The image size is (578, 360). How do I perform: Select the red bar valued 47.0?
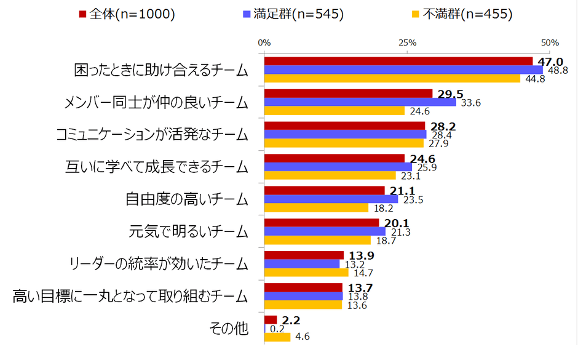[x=398, y=62]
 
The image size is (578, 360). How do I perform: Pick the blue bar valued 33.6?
[x=360, y=102]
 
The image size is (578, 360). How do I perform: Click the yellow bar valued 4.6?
[x=277, y=337]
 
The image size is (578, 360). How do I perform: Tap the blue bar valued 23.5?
[x=331, y=199]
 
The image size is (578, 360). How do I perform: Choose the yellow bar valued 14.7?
[x=306, y=273]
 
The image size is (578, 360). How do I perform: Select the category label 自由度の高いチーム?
[x=187, y=199]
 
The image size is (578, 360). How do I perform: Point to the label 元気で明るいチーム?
[x=189, y=231]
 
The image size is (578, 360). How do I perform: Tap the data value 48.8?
[x=557, y=70]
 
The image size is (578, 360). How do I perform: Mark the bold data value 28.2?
[x=442, y=126]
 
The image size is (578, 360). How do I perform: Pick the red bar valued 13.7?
[x=303, y=287]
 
